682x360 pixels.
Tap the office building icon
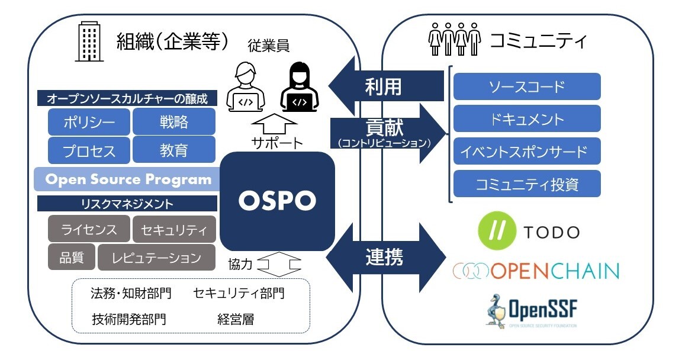89,42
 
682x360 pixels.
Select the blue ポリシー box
89,123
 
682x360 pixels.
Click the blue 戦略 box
173,123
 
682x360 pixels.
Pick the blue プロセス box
89,150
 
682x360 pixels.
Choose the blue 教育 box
173,150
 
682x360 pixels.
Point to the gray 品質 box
70,258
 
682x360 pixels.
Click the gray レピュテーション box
156,258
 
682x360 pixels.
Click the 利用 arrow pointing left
385,86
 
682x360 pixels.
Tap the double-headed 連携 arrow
385,256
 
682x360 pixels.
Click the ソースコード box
526,86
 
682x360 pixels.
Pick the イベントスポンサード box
526,152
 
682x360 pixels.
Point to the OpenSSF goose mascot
496,308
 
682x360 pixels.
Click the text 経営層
235,319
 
